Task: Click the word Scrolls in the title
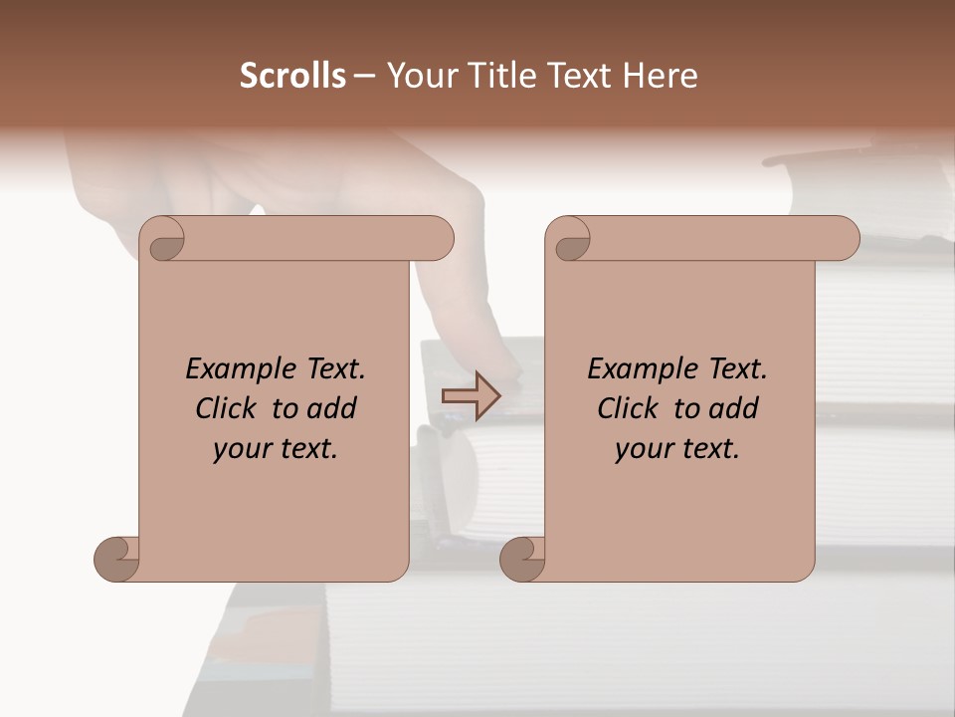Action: (292, 76)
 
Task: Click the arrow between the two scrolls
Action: (471, 396)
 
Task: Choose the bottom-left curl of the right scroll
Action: (522, 559)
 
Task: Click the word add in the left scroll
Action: (332, 408)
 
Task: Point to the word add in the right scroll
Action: (734, 408)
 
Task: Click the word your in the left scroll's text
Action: (240, 449)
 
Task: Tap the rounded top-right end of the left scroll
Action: (435, 239)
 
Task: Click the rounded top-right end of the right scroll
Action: (841, 239)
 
